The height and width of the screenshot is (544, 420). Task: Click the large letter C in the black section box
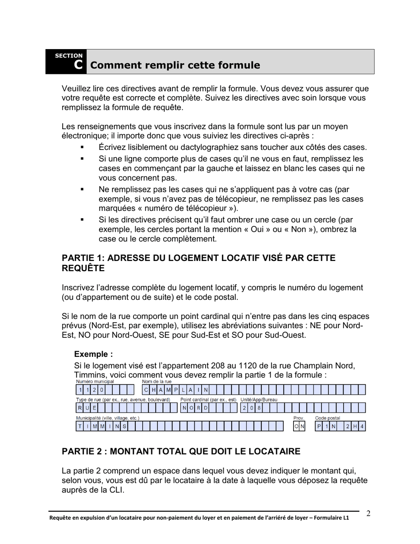tap(78, 65)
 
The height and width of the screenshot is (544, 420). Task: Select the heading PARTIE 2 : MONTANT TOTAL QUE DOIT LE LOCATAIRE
tap(181, 452)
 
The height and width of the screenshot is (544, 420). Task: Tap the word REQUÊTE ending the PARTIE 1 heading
tap(83, 268)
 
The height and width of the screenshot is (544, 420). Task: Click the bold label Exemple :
tap(93, 354)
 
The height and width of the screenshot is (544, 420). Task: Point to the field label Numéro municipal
tap(95, 381)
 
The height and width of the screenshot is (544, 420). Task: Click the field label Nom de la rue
tap(157, 381)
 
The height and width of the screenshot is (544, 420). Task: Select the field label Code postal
tap(327, 418)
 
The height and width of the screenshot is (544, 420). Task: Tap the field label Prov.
tap(299, 418)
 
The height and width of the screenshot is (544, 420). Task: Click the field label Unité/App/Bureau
tap(259, 400)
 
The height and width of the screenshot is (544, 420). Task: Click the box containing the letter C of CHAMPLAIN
tap(146, 390)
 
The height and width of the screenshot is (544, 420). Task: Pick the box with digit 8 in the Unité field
tap(260, 408)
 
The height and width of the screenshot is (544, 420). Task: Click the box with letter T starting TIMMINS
tap(80, 426)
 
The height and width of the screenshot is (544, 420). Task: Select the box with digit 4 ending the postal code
tap(362, 426)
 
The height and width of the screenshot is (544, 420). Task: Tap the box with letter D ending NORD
tap(206, 408)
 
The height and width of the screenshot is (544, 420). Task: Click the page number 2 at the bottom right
tap(368, 513)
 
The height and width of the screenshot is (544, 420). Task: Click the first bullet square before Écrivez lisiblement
tap(82, 147)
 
